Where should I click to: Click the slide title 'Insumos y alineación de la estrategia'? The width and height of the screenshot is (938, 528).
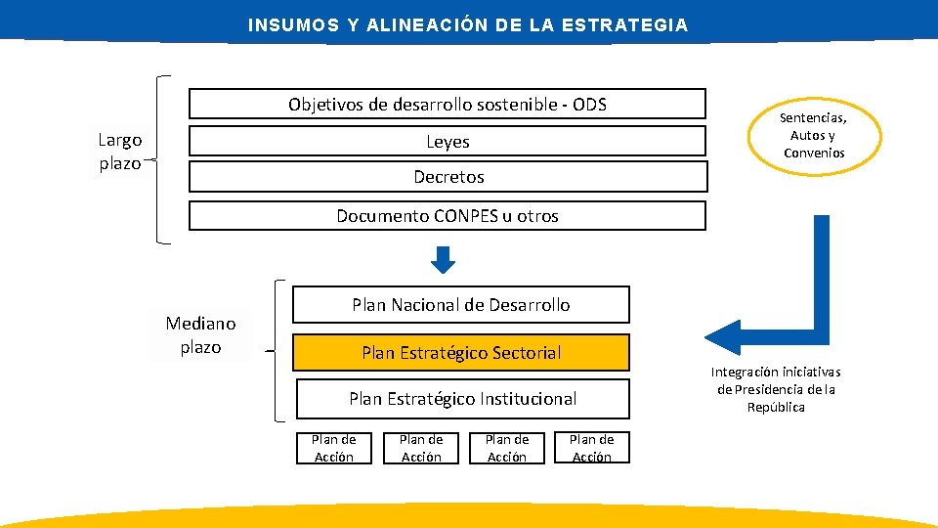(468, 25)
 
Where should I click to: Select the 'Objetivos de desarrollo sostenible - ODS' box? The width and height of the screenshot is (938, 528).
(447, 104)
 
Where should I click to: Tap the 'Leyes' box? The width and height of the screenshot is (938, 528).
(447, 141)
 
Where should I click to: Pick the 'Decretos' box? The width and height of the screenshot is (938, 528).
(447, 177)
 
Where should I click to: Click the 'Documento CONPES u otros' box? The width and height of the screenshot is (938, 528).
(447, 215)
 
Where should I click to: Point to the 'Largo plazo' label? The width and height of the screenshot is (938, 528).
(120, 152)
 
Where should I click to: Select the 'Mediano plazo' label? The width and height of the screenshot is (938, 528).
(200, 334)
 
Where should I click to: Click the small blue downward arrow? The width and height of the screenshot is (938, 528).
(444, 260)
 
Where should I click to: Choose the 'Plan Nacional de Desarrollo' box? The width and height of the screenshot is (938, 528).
(461, 305)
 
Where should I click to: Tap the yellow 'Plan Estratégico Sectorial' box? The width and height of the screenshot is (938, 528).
(461, 352)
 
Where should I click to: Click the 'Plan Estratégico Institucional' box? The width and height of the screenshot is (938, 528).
(461, 398)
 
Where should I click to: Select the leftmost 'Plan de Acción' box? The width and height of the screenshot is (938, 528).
(334, 448)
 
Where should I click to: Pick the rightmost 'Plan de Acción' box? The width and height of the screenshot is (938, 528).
(591, 448)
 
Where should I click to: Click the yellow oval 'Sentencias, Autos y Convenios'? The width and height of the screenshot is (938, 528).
(813, 136)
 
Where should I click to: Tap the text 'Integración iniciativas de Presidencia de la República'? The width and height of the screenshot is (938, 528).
(776, 389)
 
